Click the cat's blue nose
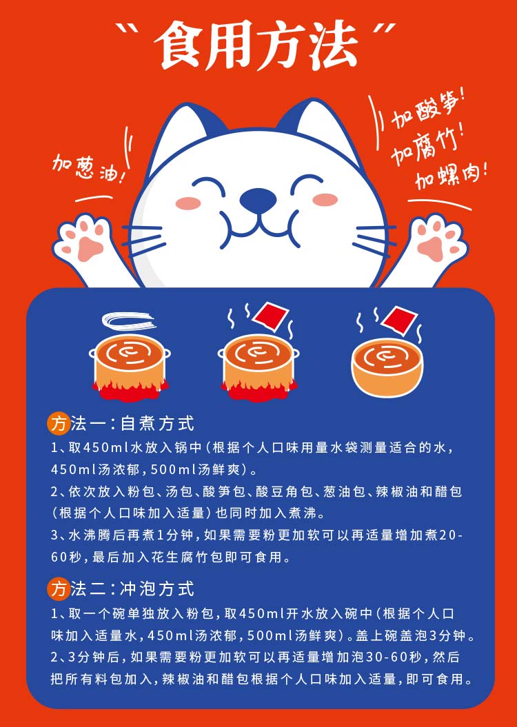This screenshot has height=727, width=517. pyautogui.click(x=258, y=199)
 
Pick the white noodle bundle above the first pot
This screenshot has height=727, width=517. pyautogui.click(x=128, y=322)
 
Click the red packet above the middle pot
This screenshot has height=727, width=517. pyautogui.click(x=270, y=317)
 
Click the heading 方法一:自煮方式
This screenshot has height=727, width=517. pyautogui.click(x=121, y=423)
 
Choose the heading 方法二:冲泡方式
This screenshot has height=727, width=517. pyautogui.click(x=121, y=588)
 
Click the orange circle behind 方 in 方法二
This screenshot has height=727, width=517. pyautogui.click(x=59, y=588)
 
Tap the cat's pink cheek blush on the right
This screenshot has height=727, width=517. pyautogui.click(x=325, y=199)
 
